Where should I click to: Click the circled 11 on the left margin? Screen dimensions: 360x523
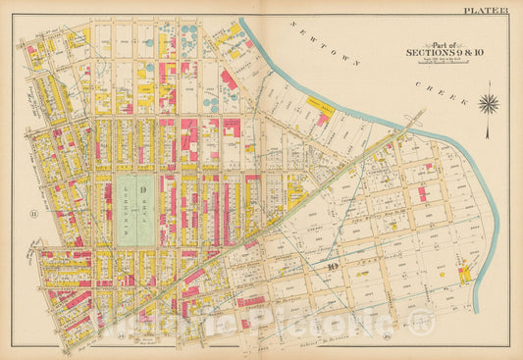[x=33, y=210]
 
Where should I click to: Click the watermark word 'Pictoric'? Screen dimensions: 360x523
[x=324, y=318]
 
